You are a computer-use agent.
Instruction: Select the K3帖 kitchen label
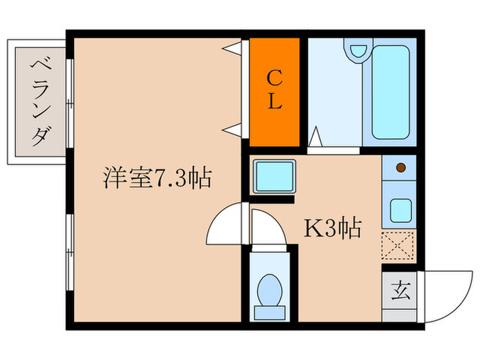coord(333,228)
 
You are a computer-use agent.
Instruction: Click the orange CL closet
coord(274,91)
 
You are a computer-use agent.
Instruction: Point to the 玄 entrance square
coord(400,291)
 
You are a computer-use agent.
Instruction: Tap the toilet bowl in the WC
coord(268,293)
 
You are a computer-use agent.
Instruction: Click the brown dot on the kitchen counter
coord(400,167)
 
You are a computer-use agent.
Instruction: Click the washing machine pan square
coord(274,177)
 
